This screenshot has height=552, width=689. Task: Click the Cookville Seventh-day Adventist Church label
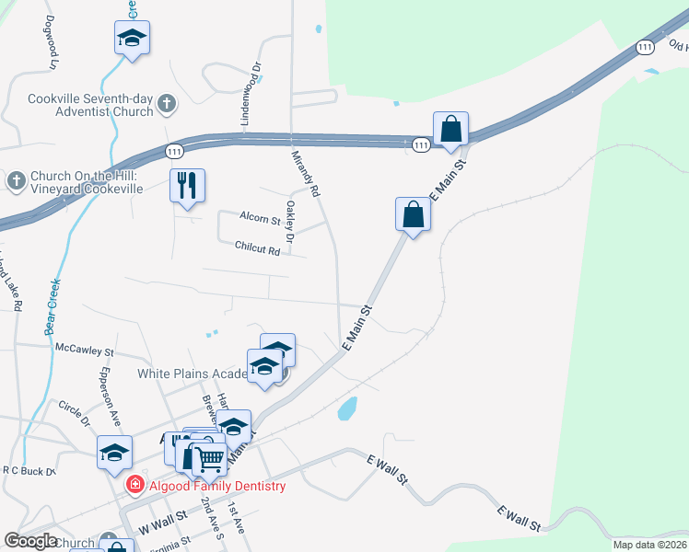(x=89, y=105)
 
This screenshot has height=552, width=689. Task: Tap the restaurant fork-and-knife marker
(x=187, y=186)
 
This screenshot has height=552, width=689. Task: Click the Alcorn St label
(x=260, y=220)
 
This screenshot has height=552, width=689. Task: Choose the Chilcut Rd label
(x=257, y=248)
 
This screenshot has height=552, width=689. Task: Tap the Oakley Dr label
(x=290, y=222)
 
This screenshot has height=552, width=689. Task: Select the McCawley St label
(x=84, y=351)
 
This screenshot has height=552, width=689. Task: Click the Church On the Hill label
(x=85, y=181)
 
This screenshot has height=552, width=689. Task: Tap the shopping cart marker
(x=209, y=457)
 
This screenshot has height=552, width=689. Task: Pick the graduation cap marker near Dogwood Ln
(x=132, y=39)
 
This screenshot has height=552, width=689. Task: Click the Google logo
(x=30, y=541)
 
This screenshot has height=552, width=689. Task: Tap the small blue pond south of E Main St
(x=347, y=408)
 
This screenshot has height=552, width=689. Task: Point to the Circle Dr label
(x=74, y=413)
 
